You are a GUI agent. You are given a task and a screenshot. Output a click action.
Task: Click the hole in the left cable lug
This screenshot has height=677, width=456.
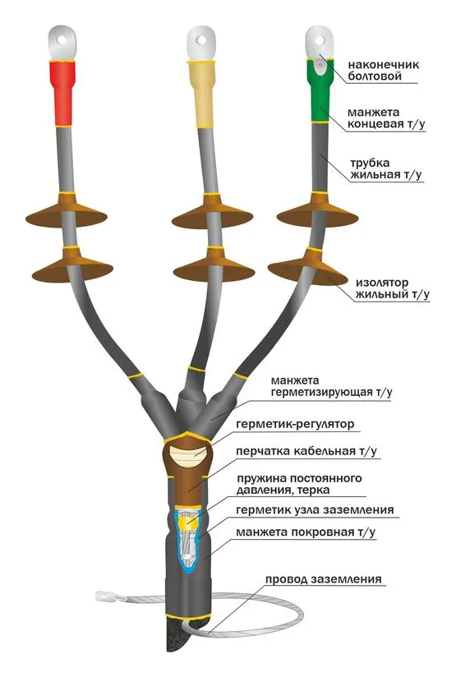point(62,39)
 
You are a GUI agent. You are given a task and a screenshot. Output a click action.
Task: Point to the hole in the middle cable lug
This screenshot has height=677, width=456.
point(201,40)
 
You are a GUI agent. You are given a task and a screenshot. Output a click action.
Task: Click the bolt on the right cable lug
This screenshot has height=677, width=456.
point(320,65)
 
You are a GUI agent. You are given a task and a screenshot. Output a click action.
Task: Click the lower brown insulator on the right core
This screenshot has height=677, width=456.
point(308,267)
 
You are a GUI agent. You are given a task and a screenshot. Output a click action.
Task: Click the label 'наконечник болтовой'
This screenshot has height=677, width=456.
point(384,71)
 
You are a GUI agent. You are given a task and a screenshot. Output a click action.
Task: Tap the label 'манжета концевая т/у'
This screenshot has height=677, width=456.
point(386,118)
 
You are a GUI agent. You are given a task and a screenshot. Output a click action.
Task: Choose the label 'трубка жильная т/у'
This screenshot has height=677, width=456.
point(385,168)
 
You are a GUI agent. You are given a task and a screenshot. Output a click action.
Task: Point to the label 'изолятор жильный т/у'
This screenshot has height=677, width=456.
point(393,288)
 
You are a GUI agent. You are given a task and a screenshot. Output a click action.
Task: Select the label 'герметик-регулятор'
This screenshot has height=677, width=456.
point(295,424)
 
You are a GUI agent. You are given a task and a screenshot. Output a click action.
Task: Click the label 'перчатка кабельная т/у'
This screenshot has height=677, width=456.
point(306,451)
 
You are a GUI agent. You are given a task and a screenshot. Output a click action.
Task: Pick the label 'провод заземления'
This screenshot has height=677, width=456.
point(324,579)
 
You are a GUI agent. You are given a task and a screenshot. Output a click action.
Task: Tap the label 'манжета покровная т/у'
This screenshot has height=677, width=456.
point(306,532)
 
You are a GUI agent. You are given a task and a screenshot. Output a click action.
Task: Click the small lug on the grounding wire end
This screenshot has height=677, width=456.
point(105,596)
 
